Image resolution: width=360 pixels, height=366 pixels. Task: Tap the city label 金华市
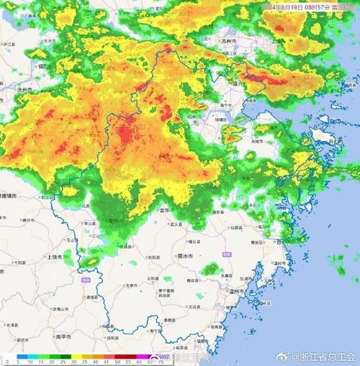(x=164, y=211)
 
